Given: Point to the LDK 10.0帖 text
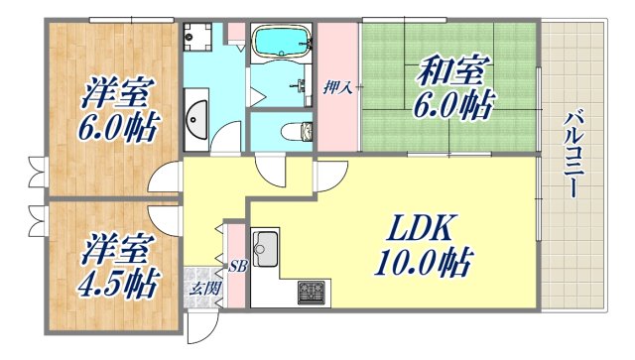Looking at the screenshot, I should [x=423, y=248].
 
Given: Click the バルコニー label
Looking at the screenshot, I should [x=572, y=155].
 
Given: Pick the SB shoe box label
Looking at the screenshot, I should [x=238, y=266].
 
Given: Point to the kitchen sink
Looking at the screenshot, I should [x=266, y=248].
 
